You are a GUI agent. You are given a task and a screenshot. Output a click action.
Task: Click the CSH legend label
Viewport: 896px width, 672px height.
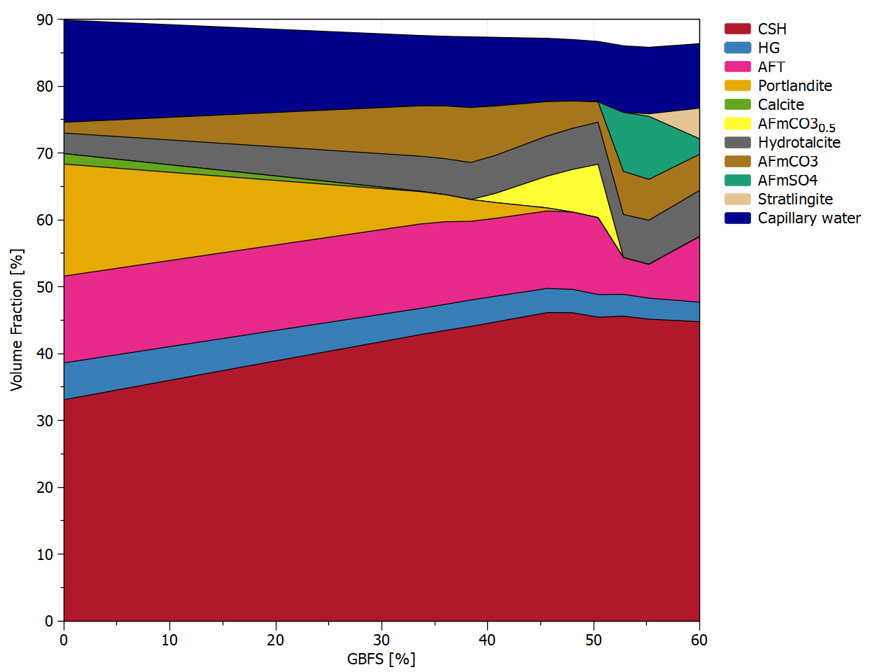click(x=772, y=29)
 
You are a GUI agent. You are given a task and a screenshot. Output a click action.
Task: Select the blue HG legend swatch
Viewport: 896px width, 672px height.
click(x=737, y=48)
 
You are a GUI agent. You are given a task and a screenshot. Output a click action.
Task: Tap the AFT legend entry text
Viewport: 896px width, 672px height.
click(x=771, y=66)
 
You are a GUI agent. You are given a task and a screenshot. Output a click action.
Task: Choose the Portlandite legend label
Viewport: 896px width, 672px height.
click(x=794, y=85)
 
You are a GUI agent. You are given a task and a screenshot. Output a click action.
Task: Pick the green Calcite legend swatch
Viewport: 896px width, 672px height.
click(x=737, y=104)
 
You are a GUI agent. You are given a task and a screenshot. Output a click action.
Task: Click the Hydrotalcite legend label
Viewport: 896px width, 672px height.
click(x=799, y=142)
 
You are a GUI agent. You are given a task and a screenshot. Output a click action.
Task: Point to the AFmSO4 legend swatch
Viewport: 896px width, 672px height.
click(x=737, y=180)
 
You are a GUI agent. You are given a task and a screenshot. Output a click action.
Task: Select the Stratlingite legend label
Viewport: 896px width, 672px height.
click(x=795, y=199)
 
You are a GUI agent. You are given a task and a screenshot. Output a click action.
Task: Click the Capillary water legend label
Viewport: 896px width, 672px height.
click(x=809, y=218)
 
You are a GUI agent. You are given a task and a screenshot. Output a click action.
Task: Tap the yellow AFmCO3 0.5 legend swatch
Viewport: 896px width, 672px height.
click(x=737, y=123)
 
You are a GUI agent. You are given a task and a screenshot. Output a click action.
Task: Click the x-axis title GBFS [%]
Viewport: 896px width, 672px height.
click(x=381, y=659)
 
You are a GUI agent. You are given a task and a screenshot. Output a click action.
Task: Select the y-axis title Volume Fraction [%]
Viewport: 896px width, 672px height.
click(x=17, y=319)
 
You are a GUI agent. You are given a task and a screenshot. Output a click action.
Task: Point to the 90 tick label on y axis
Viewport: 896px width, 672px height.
click(x=45, y=20)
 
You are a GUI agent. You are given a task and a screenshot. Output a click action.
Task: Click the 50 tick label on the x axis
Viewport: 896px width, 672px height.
click(x=594, y=640)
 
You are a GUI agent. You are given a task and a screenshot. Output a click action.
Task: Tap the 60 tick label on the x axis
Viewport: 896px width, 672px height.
click(x=699, y=640)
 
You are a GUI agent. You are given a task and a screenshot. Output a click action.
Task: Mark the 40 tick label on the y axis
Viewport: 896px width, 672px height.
click(x=45, y=353)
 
